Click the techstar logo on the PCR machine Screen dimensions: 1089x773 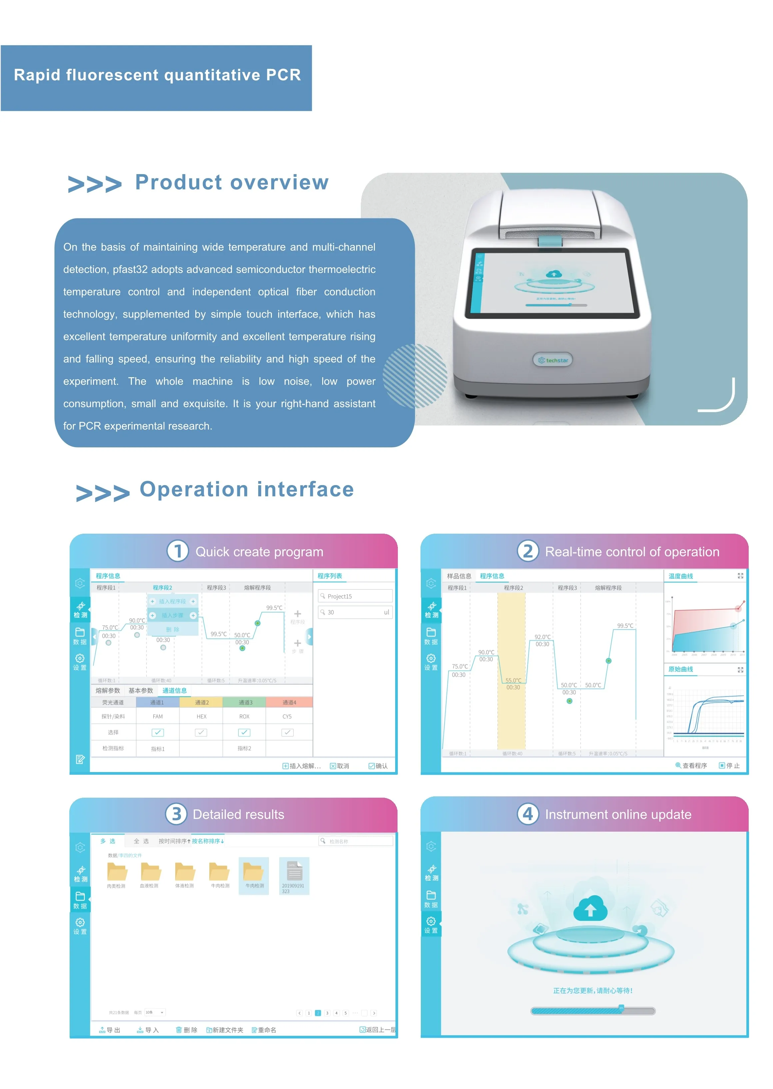pos(553,360)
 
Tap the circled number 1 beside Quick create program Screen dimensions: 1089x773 pos(178,551)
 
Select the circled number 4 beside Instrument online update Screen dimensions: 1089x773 pos(527,814)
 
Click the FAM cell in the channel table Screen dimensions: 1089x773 pos(158,716)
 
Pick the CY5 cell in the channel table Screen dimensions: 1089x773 pos(287,716)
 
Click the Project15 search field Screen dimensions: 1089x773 pos(355,596)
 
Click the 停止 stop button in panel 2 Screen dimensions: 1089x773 pos(729,765)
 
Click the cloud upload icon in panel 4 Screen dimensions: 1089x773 pos(590,908)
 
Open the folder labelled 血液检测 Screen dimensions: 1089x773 pos(150,872)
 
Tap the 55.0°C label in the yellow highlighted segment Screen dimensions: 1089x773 pos(513,681)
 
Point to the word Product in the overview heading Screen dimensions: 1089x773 pos(179,182)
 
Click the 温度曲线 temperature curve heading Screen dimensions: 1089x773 pos(681,576)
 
